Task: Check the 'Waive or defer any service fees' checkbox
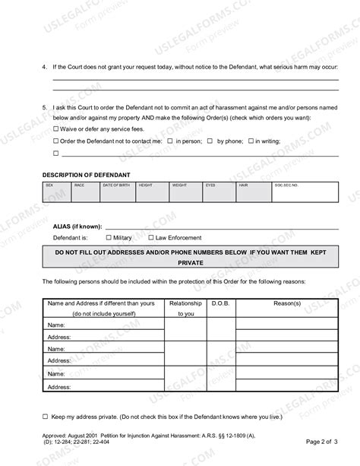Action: [55, 129]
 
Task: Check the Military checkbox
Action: [107, 237]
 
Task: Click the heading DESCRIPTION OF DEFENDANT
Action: [86, 175]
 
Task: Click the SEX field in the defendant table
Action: [56, 193]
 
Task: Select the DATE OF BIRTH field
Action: [118, 193]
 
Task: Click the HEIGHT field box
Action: [152, 193]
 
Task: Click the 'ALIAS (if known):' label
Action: [72, 227]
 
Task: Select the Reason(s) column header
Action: [287, 303]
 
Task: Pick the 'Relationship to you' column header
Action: [185, 308]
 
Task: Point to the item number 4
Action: [45, 68]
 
